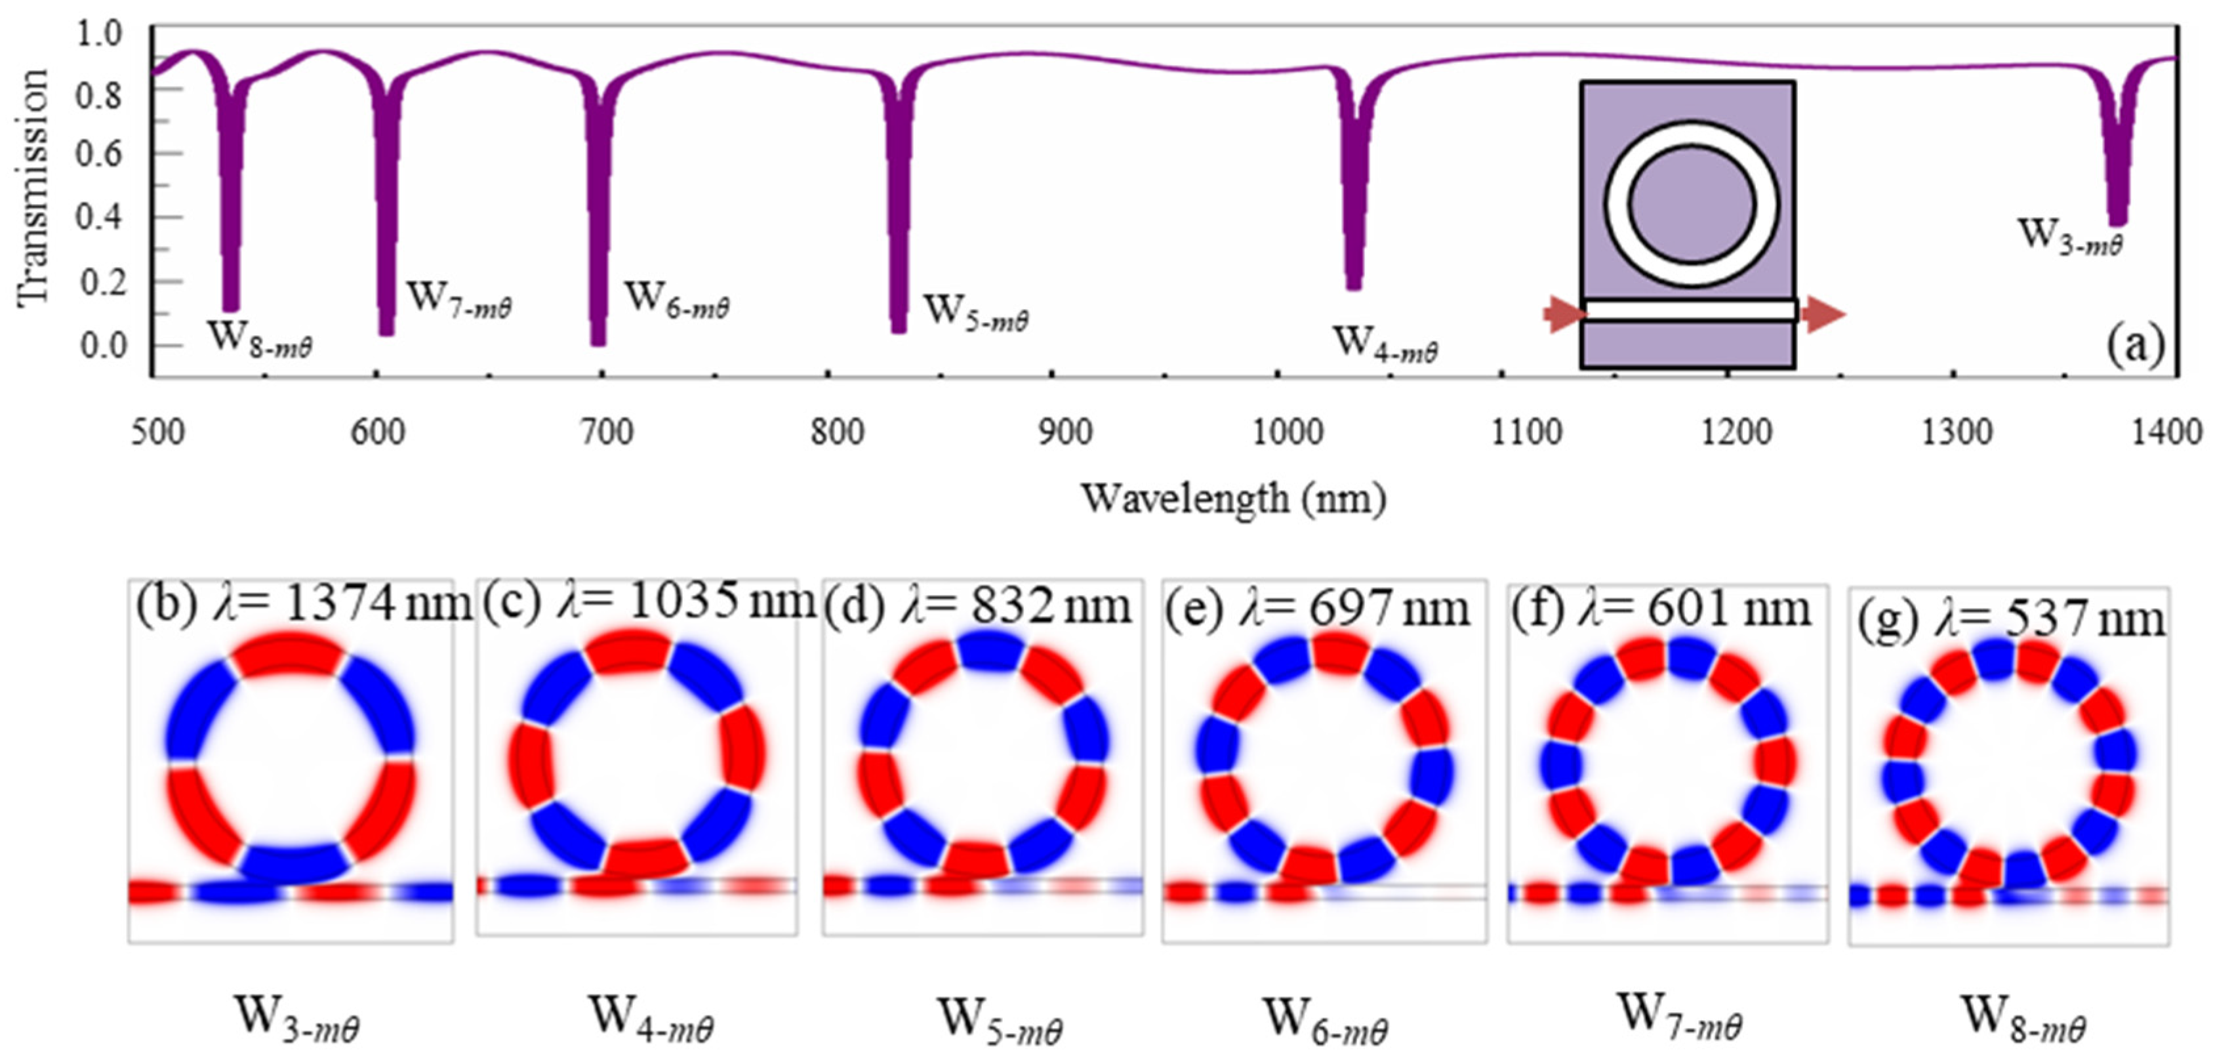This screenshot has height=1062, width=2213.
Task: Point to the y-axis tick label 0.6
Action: coord(102,155)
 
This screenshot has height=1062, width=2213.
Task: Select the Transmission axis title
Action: coord(33,188)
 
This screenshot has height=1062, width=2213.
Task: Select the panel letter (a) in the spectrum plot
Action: coord(2136,344)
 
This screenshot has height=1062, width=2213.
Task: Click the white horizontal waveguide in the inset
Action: coord(1690,310)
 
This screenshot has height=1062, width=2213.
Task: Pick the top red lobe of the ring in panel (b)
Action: coord(289,655)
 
